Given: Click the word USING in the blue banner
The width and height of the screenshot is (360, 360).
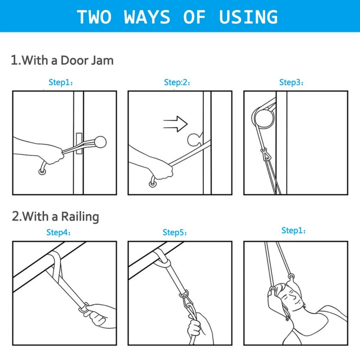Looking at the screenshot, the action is tap(248, 17).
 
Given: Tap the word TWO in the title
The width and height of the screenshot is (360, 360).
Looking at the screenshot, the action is tap(94, 17).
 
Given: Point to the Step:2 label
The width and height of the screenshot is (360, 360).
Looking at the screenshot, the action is tap(176, 82).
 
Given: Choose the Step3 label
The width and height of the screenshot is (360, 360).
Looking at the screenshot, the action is tap(291, 82).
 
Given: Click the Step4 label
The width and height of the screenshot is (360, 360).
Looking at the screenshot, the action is tap(58, 233).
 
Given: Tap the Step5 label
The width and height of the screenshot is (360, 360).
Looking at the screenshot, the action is tap(174, 233).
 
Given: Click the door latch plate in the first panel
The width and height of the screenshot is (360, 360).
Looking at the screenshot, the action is tap(79, 144).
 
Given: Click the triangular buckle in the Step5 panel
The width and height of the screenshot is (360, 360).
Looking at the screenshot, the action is tap(184, 296).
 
